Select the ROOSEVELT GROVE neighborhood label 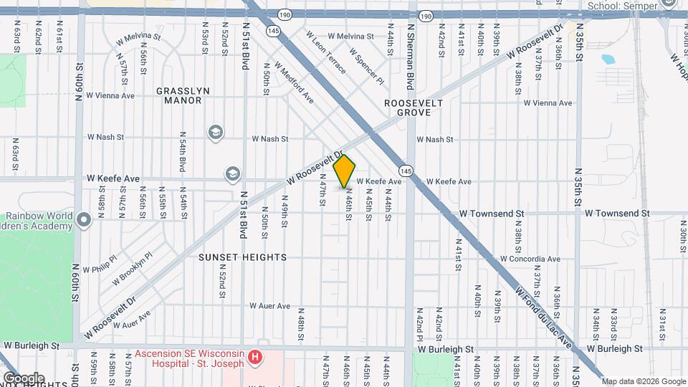pyautogui.click(x=414, y=108)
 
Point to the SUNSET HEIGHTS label pyautogui.click(x=243, y=257)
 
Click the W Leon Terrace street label pyautogui.click(x=326, y=52)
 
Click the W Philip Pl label pyautogui.click(x=100, y=264)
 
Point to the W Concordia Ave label pyautogui.click(x=530, y=259)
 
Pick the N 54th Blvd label pyautogui.click(x=183, y=152)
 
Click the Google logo pyautogui.click(x=24, y=378)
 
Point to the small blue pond pyautogui.click(x=608, y=59)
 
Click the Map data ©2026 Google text pyautogui.click(x=643, y=381)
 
